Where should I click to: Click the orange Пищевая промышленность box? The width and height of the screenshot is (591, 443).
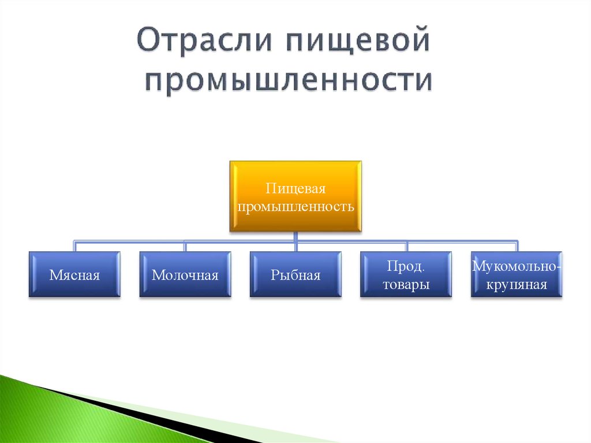(x=295, y=196)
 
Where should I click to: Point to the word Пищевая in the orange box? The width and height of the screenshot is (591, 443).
(x=295, y=189)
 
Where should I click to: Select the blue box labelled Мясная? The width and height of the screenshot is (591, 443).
(x=74, y=274)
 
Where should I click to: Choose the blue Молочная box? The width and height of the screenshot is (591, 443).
(x=185, y=274)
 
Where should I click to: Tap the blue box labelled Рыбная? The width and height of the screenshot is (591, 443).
(x=295, y=274)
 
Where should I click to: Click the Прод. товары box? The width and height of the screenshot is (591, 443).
(x=406, y=274)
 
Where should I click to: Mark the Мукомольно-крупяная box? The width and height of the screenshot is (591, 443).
(x=517, y=274)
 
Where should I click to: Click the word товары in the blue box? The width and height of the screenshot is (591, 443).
(x=406, y=284)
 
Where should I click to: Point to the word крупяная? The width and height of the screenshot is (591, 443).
(x=517, y=284)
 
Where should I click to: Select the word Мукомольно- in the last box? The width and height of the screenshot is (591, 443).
(x=517, y=266)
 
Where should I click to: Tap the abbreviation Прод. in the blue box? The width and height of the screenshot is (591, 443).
(x=406, y=266)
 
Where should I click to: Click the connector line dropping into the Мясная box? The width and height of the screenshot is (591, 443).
(x=74, y=245)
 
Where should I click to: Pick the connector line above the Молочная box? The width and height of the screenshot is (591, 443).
(x=185, y=245)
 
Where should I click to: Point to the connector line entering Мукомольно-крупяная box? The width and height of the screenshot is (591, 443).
(x=517, y=245)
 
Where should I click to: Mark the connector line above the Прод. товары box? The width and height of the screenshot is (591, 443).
(x=406, y=245)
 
